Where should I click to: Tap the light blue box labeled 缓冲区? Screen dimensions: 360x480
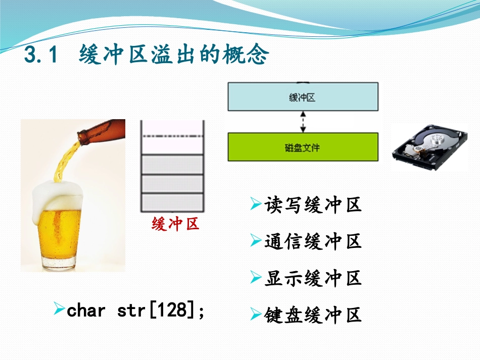[303, 97]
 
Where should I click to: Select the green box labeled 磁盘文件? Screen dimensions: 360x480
[303, 147]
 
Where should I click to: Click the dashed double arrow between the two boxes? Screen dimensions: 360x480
[303, 122]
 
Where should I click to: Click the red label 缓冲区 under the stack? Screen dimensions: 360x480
[175, 224]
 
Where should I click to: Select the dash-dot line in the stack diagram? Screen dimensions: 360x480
[172, 136]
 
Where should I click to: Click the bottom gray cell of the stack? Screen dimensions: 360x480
[172, 201]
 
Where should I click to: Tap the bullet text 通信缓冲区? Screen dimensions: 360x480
[313, 242]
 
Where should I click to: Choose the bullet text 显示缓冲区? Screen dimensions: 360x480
[313, 278]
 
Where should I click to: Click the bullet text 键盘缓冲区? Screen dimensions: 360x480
[313, 315]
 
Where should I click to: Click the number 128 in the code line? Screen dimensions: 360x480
[171, 310]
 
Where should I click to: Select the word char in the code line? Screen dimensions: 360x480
[86, 310]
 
